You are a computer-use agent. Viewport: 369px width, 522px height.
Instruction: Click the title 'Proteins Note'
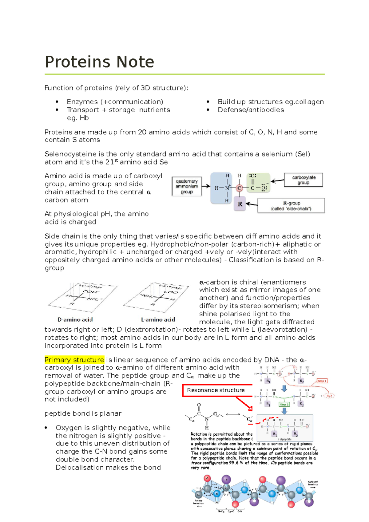coord(99,62)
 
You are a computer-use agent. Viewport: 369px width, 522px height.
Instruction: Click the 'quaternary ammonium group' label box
coord(187,186)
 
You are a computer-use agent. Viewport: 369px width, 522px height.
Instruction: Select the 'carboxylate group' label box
coord(304,180)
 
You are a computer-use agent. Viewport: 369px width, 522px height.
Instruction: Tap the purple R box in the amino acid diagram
coord(240,204)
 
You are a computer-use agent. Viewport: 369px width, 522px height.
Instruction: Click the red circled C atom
coord(239,188)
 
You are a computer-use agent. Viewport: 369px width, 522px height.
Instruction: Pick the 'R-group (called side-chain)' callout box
coord(291,206)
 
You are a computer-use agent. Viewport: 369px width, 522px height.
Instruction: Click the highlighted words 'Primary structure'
coord(74,360)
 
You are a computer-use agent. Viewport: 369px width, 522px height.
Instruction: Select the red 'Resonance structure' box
coord(216,390)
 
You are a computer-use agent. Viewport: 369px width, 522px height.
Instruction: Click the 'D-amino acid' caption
coord(75,320)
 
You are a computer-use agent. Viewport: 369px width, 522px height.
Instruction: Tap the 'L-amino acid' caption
coord(158,320)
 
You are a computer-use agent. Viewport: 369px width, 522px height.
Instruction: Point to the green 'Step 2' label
coord(284,404)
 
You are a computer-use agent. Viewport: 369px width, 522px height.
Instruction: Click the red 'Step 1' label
coord(322,381)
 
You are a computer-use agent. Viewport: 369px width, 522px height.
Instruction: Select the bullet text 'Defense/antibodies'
coord(251,110)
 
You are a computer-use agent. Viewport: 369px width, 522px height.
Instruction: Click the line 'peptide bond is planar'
coord(83,413)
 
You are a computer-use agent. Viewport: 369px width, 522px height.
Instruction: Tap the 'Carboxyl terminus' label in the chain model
coord(313,483)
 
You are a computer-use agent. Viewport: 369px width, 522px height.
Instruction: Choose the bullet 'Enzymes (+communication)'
coord(115,102)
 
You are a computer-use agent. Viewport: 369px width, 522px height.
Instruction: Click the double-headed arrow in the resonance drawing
coord(233,414)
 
